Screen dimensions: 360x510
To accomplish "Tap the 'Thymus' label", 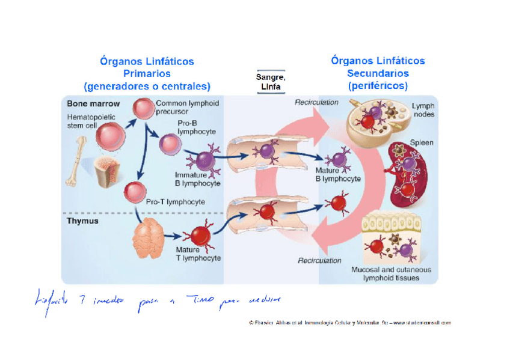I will (x=82, y=221).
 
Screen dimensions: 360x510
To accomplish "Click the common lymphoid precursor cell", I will (x=144, y=108).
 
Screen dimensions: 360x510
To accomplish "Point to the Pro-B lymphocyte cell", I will (x=170, y=143).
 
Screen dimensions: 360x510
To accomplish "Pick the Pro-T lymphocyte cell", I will (x=134, y=192).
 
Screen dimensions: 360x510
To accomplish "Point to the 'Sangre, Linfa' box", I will (x=271, y=82).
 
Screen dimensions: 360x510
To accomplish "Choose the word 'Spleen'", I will (x=421, y=143).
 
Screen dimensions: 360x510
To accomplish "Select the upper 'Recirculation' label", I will (x=316, y=102).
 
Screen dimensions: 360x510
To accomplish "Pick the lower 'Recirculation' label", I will (x=319, y=261).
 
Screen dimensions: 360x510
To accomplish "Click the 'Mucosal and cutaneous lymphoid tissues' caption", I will (x=391, y=274).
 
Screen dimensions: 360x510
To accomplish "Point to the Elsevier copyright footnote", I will (x=349, y=323).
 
